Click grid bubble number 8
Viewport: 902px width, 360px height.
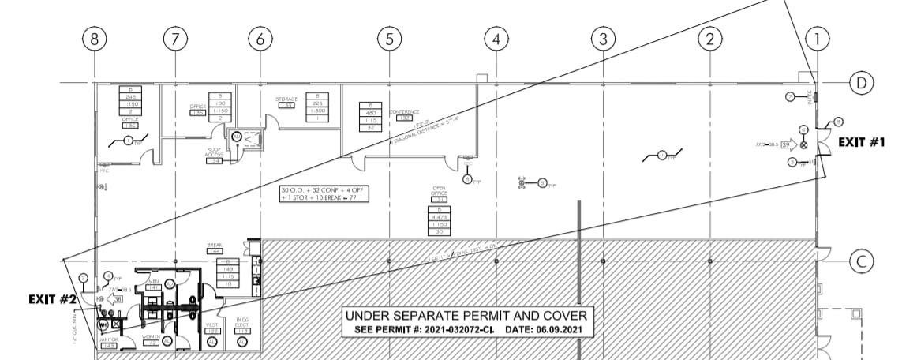point(95,38)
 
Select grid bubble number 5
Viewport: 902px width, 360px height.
point(389,38)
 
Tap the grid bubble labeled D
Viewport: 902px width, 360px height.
point(862,83)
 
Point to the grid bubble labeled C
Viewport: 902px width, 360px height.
point(862,261)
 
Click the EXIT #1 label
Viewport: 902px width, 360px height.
point(862,143)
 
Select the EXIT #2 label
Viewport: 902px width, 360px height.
point(52,300)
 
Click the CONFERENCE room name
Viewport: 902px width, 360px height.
point(404,112)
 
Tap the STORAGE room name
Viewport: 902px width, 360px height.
point(286,99)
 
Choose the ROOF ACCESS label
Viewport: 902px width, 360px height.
point(215,154)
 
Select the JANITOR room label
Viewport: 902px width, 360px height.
point(108,339)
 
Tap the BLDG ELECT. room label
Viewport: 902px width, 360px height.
point(243,324)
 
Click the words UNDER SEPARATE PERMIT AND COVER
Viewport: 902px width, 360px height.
point(466,317)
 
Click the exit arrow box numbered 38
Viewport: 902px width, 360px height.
point(118,299)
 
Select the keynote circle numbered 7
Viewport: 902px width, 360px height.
point(789,96)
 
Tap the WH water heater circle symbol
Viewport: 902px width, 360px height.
point(102,324)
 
